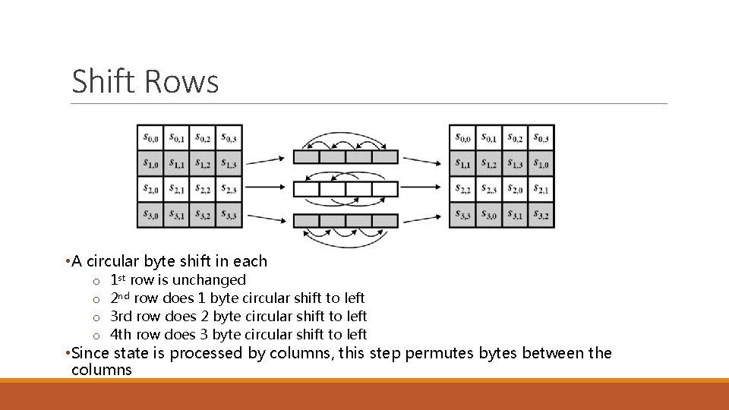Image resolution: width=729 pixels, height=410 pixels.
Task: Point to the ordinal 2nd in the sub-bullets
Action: [120, 298]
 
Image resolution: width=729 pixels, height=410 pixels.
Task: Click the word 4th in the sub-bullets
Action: [121, 334]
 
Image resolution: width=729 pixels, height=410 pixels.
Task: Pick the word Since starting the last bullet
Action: [93, 353]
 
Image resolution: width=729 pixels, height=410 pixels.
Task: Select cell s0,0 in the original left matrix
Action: [150, 137]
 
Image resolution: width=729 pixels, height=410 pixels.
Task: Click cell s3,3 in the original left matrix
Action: [229, 216]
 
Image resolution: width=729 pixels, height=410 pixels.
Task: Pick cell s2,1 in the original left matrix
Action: [176, 189]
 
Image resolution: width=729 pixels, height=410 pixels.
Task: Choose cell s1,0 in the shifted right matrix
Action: [541, 163]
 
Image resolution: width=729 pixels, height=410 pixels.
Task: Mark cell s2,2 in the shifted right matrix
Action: [462, 189]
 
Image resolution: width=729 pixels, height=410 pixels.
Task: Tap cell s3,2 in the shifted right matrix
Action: [541, 216]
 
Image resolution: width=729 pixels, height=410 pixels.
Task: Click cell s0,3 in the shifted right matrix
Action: [541, 137]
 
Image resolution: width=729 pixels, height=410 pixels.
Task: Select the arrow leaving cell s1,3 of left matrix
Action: [267, 160]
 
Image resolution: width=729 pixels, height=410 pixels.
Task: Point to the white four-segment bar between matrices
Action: [346, 189]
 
